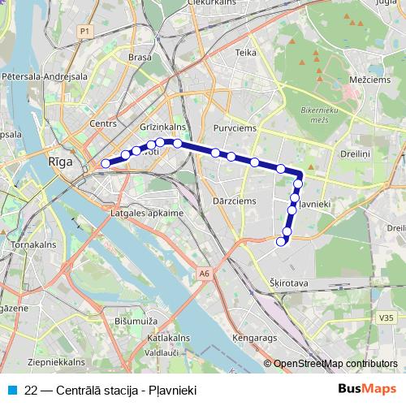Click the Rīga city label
click(x=61, y=162)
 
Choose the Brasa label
click(x=141, y=58)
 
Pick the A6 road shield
click(x=204, y=274)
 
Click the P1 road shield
click(x=84, y=30)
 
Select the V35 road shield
click(x=385, y=318)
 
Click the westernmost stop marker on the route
click(x=105, y=164)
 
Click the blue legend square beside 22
click(x=12, y=390)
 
